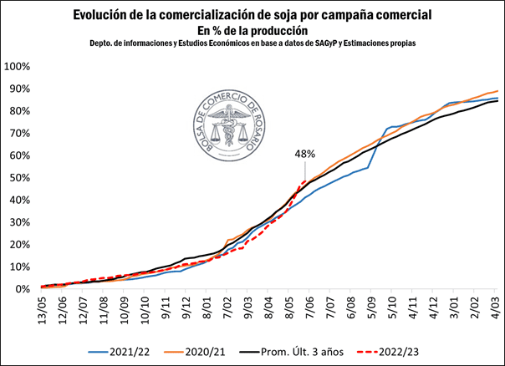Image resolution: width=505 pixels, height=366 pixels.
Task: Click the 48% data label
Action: pos(304,154)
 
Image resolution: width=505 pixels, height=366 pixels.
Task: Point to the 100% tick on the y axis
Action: pos(18,67)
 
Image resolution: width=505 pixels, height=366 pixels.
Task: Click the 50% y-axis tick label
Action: pos(19,178)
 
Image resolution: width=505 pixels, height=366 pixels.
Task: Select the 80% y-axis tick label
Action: pos(19,111)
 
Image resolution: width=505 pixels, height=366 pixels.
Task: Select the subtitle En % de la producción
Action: pos(252,29)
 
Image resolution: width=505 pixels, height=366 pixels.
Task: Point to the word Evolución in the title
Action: pos(101,15)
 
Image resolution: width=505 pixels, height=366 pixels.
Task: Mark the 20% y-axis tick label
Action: pos(19,245)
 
